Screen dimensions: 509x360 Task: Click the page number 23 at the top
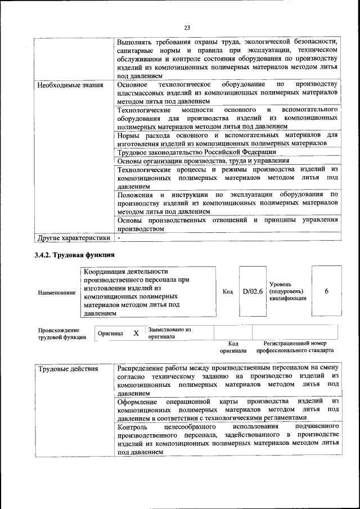tap(187, 27)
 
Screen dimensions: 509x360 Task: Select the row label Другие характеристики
tap(73, 238)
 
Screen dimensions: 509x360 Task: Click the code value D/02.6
tap(253, 291)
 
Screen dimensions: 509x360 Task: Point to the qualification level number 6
tap(327, 291)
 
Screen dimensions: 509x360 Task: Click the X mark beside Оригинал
tap(136, 333)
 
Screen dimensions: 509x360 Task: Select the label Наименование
tap(56, 293)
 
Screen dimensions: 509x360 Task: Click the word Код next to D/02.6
tap(228, 291)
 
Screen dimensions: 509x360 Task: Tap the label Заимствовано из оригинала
tap(170, 333)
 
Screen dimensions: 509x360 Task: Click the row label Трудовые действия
tap(68, 370)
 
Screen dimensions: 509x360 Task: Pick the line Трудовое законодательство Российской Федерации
tap(196, 152)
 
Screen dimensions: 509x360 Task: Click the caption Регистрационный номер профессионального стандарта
tap(295, 346)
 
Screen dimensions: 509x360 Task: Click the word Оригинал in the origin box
tap(110, 334)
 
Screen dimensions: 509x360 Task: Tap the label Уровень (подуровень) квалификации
tap(287, 291)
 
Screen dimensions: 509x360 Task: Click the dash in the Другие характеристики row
tap(120, 238)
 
